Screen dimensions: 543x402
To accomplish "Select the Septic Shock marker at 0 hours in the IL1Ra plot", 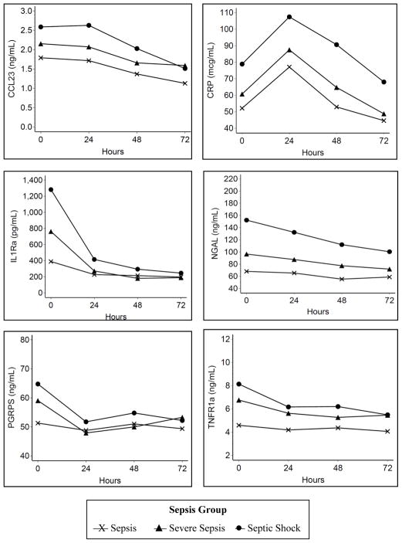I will [51, 189].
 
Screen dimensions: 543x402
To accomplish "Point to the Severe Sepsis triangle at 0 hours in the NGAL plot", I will [246, 254].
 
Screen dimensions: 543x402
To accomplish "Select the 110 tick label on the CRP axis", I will [225, 14].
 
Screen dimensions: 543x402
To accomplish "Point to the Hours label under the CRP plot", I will [312, 152].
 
